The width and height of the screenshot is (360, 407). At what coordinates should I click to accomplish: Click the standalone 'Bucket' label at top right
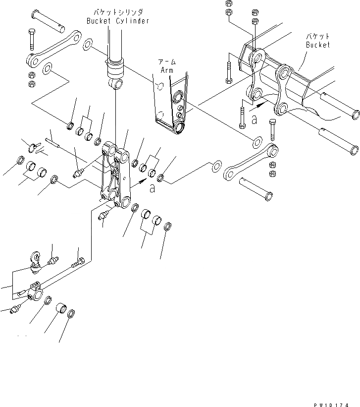317,45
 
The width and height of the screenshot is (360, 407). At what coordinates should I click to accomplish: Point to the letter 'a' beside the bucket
254,119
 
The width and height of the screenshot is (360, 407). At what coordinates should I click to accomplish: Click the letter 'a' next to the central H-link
152,188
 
